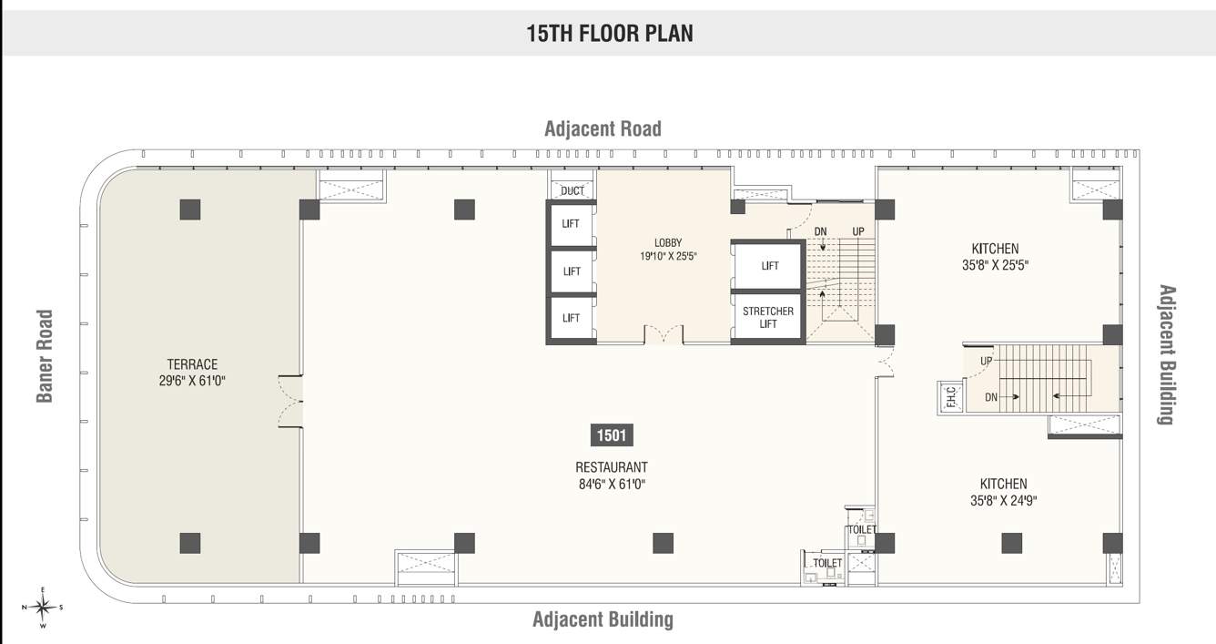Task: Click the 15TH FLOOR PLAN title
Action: (x=609, y=34)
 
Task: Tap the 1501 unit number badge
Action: (x=611, y=435)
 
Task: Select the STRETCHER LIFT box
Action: (x=768, y=317)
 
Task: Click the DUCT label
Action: (x=573, y=190)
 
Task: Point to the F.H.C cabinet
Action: (x=950, y=397)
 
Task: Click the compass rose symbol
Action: (x=42, y=607)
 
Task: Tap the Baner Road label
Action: (x=45, y=356)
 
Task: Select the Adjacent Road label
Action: (x=603, y=128)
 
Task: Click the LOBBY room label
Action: (x=668, y=242)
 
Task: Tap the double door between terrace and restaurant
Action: (x=290, y=402)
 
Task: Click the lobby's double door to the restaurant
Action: (x=664, y=334)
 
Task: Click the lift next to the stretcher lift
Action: (x=770, y=266)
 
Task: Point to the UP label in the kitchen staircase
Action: (x=987, y=362)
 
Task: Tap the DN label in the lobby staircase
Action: (x=820, y=231)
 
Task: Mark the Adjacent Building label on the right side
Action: (x=1166, y=355)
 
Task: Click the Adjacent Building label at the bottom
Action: (x=603, y=620)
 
